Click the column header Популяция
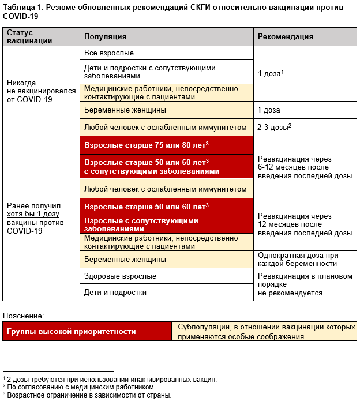point(106,37)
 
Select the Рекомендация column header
point(285,37)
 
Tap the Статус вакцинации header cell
point(29,37)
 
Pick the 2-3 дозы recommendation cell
point(274,126)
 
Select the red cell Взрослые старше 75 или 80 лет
point(147,145)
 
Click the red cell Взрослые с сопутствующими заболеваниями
point(141,224)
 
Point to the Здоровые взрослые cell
point(120,276)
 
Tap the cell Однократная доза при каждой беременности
point(297,259)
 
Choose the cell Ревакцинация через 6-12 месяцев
point(305,167)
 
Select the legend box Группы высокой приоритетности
point(72,332)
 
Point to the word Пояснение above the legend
point(23,316)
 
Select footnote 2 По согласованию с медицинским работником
point(79,387)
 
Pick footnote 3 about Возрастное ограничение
point(87,395)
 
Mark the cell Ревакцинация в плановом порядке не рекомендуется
point(305,284)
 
